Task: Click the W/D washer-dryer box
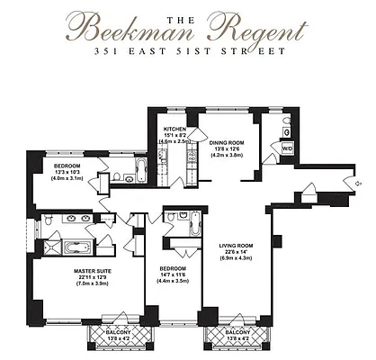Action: (288, 148)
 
